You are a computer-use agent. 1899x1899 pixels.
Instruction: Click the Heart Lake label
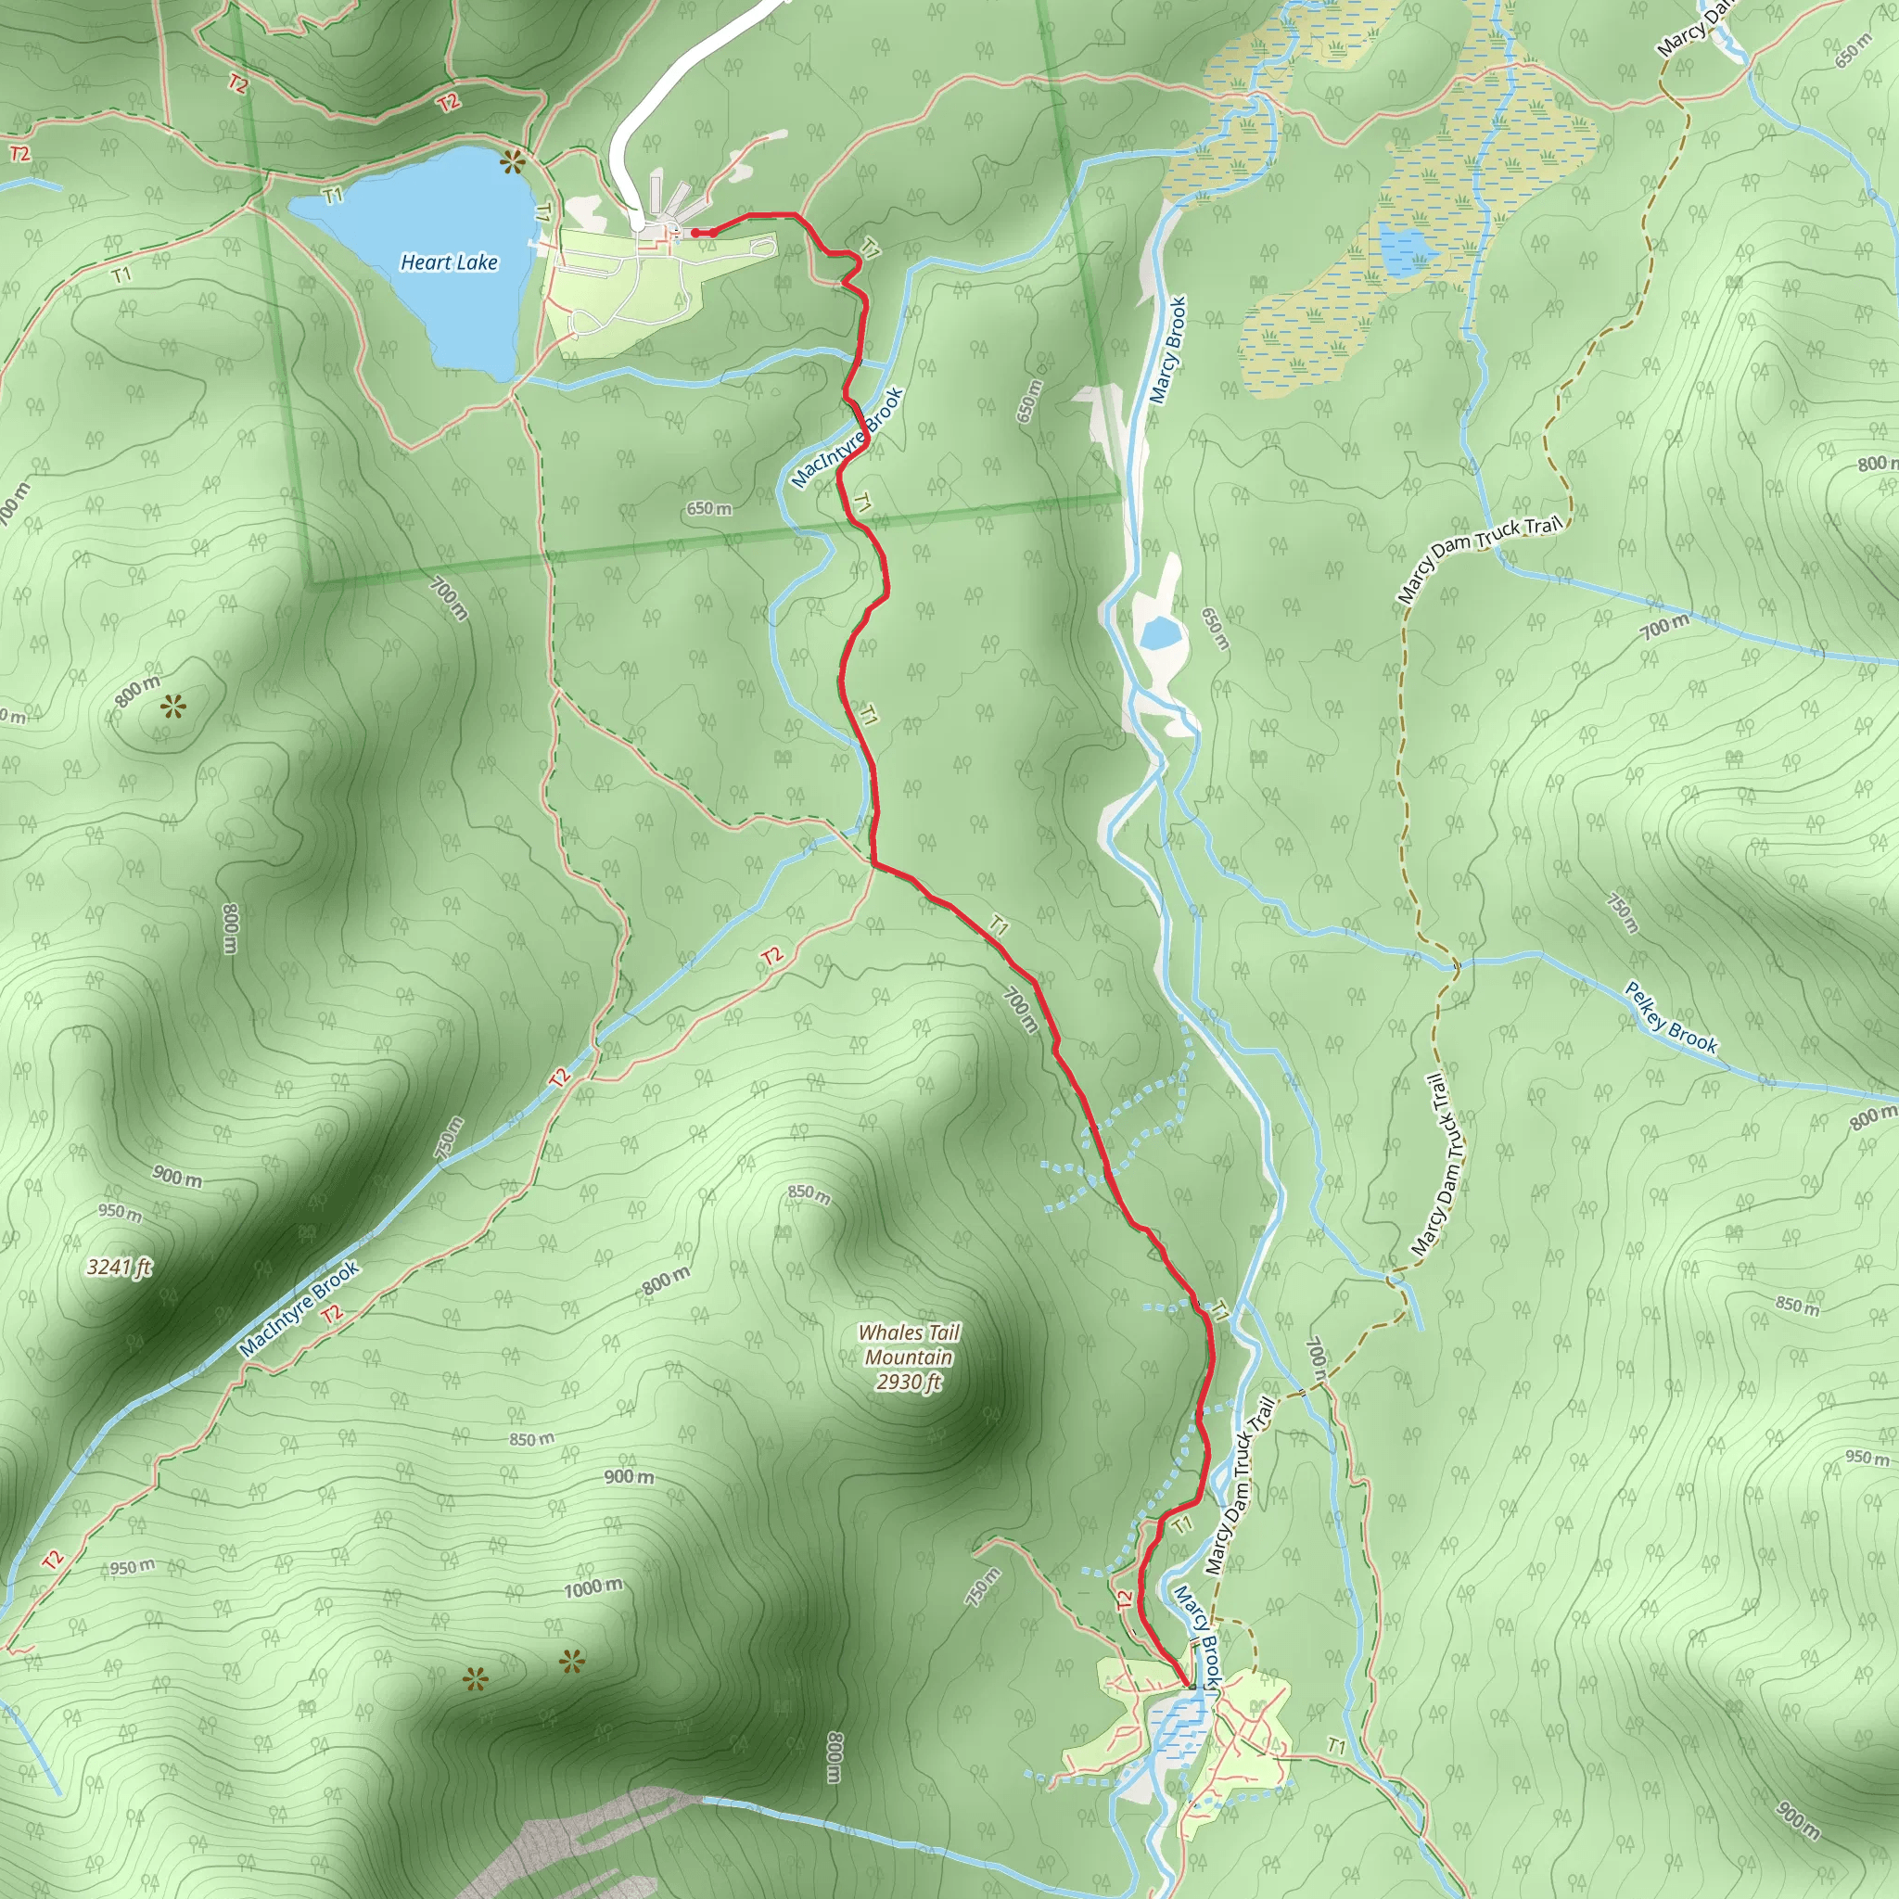click(449, 262)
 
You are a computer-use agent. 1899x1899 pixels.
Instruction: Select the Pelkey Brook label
click(1670, 1018)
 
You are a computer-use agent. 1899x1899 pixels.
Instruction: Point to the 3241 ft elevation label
click(119, 1267)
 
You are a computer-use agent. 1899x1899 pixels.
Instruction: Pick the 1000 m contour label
click(593, 1587)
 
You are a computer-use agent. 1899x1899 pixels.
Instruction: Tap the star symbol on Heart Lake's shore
click(511, 162)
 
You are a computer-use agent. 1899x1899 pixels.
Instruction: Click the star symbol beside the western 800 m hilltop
click(174, 705)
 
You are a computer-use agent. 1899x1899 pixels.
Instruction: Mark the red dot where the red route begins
click(695, 233)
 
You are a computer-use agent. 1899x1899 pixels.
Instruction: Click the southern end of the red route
click(1192, 1687)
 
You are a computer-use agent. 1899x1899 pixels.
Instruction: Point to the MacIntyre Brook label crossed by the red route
click(847, 438)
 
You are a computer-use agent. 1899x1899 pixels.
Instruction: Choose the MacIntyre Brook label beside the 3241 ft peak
click(300, 1310)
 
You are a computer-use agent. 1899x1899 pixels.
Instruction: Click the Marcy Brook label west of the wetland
click(1168, 350)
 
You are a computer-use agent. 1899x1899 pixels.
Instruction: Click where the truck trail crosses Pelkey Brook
click(1457, 965)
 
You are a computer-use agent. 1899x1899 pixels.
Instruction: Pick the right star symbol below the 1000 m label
click(571, 1663)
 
